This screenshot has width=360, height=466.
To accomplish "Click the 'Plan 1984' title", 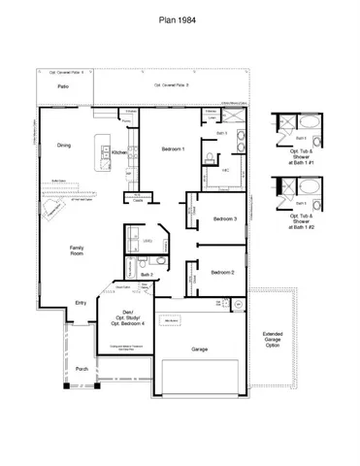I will click(x=180, y=17).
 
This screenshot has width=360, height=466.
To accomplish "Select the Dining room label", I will click(x=63, y=146).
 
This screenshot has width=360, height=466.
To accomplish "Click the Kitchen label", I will click(x=118, y=152).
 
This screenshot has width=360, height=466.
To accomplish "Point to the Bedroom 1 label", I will click(x=173, y=149).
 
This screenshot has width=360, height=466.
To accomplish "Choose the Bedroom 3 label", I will click(x=225, y=219).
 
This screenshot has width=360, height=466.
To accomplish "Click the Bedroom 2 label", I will click(x=225, y=273).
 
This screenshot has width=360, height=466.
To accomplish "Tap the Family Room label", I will click(x=76, y=251).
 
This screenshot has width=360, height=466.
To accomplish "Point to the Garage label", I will click(x=200, y=348).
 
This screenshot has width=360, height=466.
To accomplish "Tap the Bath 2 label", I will click(x=145, y=275).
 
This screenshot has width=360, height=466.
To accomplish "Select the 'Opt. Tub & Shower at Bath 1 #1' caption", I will click(x=301, y=159).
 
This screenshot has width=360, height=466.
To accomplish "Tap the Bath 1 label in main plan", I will click(x=220, y=133).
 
